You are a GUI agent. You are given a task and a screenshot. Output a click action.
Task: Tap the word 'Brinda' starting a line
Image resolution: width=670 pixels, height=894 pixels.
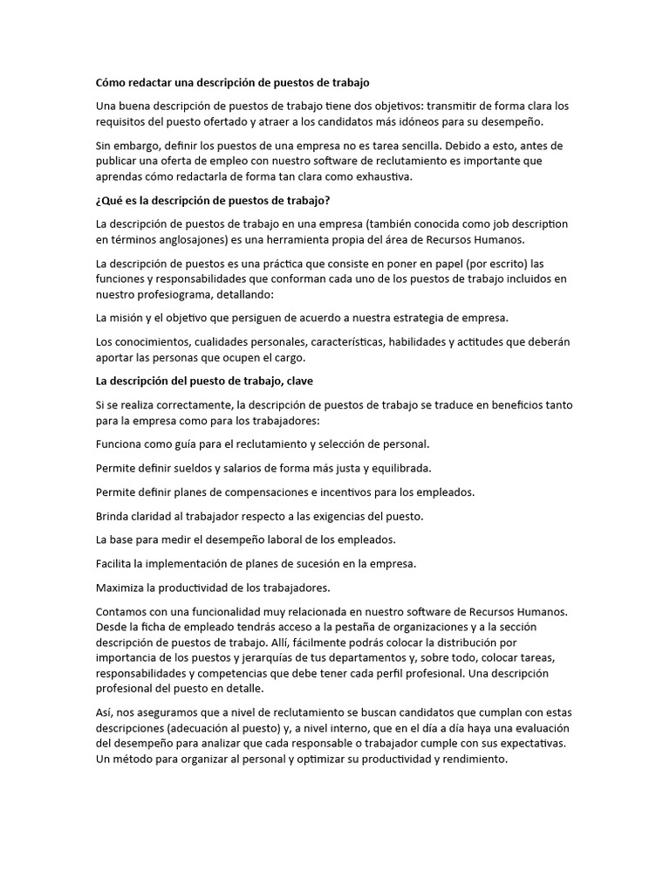pyautogui.click(x=113, y=515)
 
